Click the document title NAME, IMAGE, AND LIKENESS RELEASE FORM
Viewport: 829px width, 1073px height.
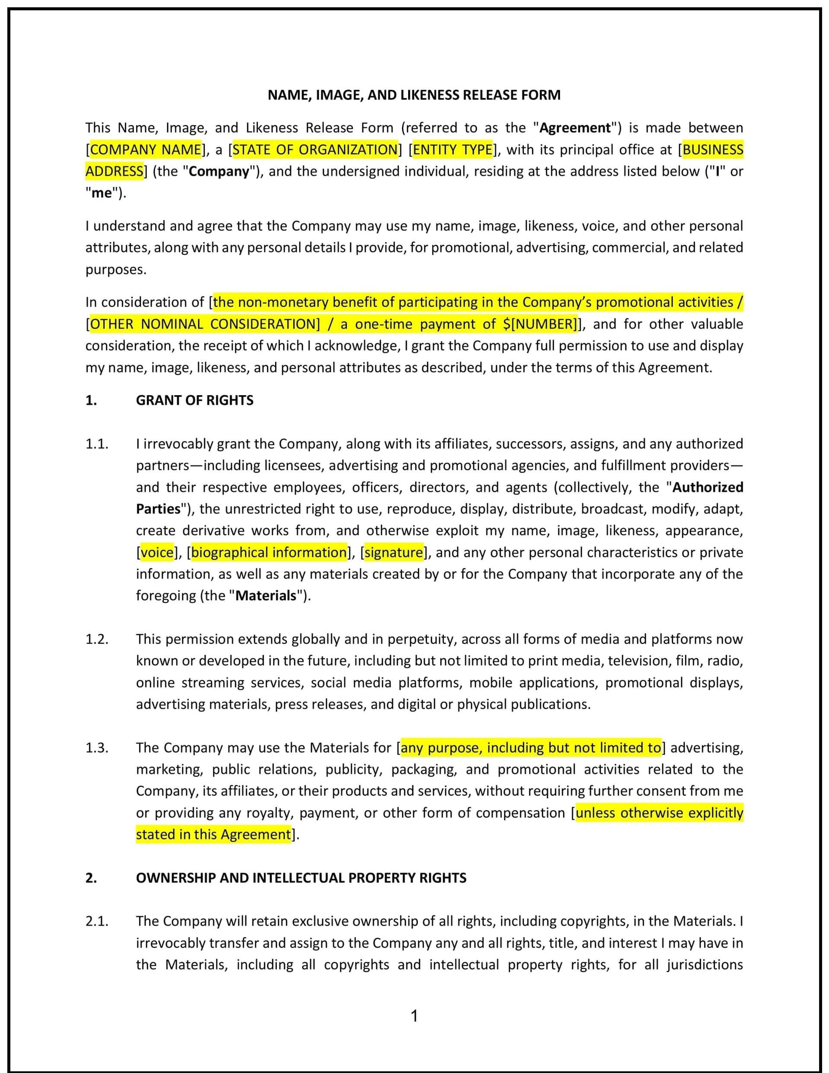(414, 95)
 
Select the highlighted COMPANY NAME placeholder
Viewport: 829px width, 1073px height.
(146, 149)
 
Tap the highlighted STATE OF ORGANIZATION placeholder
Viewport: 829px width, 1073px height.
(315, 149)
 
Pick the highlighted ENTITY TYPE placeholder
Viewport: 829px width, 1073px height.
(452, 149)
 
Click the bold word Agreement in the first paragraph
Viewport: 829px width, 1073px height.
(575, 128)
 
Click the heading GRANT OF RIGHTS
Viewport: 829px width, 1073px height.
(195, 400)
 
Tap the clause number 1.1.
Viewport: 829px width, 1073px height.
(97, 444)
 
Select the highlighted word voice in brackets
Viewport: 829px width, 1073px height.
(157, 552)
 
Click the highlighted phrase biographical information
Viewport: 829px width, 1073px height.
(269, 552)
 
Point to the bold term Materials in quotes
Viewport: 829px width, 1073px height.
(266, 595)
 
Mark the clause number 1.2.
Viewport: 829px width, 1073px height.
(97, 639)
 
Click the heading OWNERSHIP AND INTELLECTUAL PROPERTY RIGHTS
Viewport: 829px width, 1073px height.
(301, 878)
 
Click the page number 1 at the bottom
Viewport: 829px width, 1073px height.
(414, 1016)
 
